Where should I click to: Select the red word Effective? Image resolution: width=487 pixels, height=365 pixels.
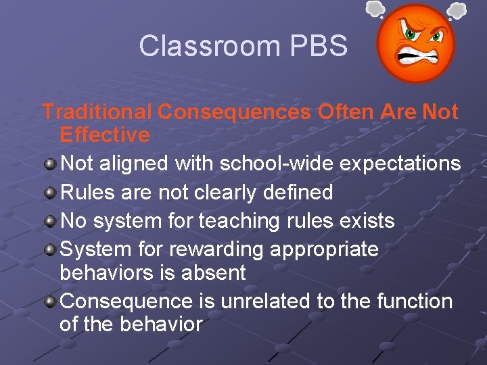point(105,135)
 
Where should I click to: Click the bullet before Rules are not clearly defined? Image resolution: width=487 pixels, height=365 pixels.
point(51,193)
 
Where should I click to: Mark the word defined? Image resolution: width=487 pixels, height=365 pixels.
point(297,193)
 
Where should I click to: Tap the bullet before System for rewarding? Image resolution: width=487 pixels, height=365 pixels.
point(51,249)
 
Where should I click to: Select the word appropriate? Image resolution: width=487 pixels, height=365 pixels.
point(324,250)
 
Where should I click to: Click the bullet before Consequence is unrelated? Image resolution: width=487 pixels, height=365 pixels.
point(51,301)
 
